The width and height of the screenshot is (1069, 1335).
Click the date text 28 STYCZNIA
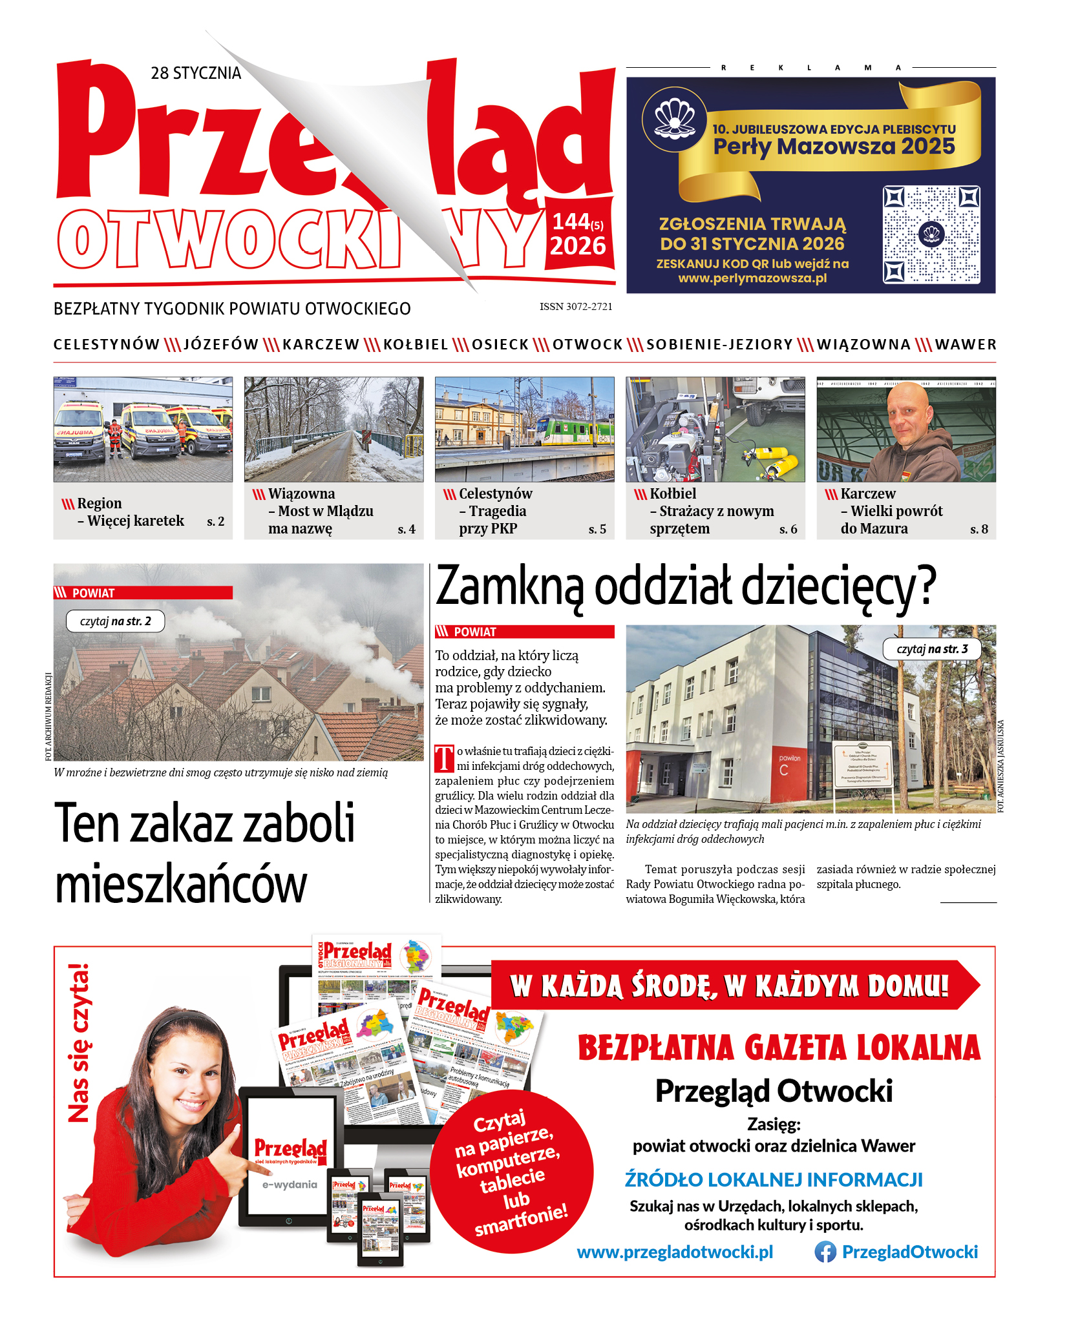pos(196,73)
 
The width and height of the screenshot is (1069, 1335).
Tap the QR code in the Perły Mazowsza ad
pos(931,234)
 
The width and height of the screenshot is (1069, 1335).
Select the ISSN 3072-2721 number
pos(576,307)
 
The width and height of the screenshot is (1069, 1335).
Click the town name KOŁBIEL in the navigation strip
pos(416,345)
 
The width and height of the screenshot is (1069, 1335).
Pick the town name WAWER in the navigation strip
pos(966,345)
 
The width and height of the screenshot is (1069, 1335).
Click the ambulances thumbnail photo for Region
pos(143,429)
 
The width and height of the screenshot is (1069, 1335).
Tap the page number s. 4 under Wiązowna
pos(407,530)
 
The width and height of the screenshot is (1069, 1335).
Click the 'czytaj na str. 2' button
pos(115,621)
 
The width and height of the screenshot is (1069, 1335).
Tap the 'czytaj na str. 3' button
pos(932,649)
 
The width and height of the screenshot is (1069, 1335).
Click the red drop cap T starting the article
pos(444,759)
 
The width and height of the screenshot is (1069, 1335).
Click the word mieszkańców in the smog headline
pos(181,885)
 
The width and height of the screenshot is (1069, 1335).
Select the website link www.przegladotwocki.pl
pos(675,1252)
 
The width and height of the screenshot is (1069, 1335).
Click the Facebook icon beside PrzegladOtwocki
pos(825,1252)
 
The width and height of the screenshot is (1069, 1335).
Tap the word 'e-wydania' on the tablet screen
pos(290,1185)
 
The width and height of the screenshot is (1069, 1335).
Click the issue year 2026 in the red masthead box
pos(578,246)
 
